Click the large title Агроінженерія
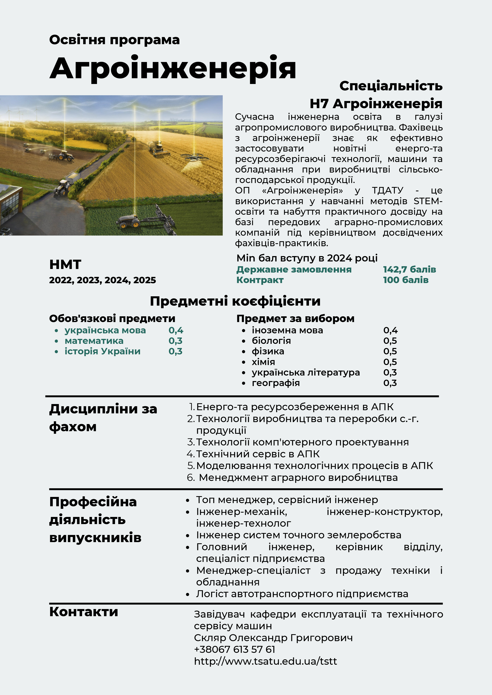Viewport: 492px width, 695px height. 173,68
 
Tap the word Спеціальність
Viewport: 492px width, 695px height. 391,86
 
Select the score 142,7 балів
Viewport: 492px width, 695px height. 409,269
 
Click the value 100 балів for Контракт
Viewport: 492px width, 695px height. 406,280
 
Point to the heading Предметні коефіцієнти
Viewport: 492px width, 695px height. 235,301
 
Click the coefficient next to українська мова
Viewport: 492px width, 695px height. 176,330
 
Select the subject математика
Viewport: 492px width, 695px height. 94,341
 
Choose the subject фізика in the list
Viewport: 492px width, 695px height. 268,351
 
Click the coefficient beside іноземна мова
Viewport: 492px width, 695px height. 390,330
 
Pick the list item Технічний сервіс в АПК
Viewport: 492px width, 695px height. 258,454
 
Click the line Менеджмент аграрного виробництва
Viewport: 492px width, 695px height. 298,478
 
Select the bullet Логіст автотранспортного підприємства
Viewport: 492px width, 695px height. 302,594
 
